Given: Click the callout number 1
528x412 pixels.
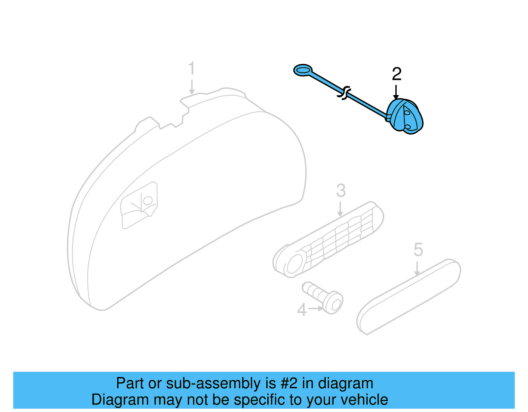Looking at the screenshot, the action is tap(192, 68).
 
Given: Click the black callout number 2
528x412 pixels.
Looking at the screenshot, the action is tap(396, 74).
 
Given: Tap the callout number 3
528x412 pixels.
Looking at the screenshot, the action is tap(341, 191).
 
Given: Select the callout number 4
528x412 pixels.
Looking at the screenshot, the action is tap(302, 310).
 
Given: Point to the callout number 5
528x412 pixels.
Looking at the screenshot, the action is tap(418, 250).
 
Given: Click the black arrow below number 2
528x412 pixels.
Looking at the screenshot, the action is tap(396, 92).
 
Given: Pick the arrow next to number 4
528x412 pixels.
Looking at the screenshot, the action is tap(316, 308).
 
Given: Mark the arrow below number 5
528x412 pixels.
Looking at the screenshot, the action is tap(417, 268).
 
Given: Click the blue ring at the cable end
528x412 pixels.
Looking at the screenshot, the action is tap(303, 70).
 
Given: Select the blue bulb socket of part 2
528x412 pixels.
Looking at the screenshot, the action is tap(406, 117).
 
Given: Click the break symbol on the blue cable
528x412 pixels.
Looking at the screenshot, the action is tap(344, 93).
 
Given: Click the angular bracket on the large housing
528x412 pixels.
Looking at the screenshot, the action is tap(140, 205).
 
